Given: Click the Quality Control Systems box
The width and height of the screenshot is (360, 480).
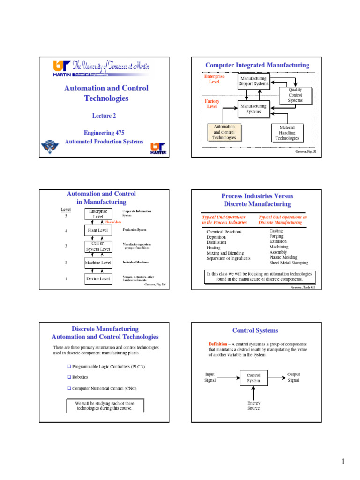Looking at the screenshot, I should (295, 95).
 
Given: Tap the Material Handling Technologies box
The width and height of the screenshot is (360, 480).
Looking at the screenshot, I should (287, 133).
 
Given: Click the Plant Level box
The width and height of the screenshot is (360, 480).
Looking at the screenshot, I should (98, 230).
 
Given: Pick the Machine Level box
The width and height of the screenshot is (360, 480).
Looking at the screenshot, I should (98, 263).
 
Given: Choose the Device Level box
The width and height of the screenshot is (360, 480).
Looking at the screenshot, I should (98, 279).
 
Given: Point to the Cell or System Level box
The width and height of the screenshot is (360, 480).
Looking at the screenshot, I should (98, 246).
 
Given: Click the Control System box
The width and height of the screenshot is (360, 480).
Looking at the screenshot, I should (254, 378).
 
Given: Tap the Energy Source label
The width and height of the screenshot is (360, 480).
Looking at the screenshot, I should (254, 405).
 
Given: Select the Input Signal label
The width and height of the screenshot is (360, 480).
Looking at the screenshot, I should (210, 377).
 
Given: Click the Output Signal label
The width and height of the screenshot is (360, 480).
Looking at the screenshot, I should (293, 377).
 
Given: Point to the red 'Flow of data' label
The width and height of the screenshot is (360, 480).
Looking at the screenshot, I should (113, 222).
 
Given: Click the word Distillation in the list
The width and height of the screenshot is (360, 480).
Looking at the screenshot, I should (216, 242).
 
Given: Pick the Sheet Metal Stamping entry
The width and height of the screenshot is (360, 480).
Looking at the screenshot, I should (289, 263).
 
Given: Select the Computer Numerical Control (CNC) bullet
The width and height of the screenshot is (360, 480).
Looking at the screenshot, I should (104, 388).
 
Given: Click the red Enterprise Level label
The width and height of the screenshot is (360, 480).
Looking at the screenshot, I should (215, 79).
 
